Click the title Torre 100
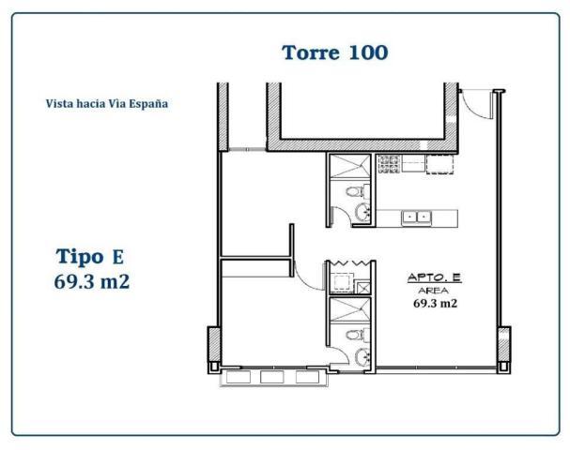coord(335,53)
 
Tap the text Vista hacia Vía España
coord(107,104)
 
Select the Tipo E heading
coord(90,257)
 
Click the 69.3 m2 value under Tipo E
coord(92,281)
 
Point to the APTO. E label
coord(435,278)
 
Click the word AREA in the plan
coord(433,291)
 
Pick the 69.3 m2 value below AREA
coord(435,303)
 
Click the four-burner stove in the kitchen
coord(389,164)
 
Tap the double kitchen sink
coord(416,218)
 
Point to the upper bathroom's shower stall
coord(349,166)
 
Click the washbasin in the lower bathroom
coord(362,356)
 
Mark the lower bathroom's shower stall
coord(349,309)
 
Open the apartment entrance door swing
coord(477,104)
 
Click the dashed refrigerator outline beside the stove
coord(439,164)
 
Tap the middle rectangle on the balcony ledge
coord(272,377)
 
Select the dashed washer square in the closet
coord(342,282)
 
